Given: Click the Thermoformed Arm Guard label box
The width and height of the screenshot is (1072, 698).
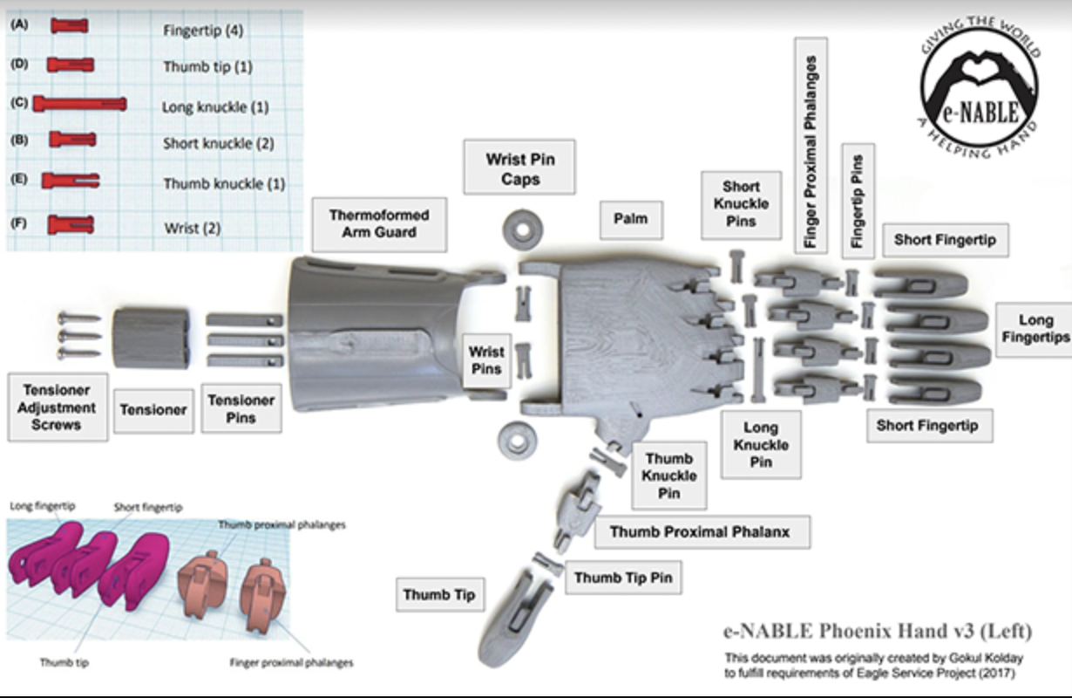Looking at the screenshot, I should point(379,223).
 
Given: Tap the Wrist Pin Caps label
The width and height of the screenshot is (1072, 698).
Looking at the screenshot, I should point(519,168).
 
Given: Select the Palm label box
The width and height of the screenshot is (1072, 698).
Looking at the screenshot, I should point(629,218).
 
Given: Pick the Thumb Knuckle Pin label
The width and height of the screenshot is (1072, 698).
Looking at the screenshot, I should point(669,476).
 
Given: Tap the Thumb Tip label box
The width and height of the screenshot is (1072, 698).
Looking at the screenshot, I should point(438,595).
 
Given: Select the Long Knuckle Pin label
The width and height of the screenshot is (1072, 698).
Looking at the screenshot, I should point(760,445).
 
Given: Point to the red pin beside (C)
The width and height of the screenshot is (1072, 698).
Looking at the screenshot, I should point(79,105).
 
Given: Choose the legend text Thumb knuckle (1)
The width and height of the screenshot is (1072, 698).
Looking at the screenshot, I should point(224,184).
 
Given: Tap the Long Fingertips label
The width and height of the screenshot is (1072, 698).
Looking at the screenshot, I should point(1035,329).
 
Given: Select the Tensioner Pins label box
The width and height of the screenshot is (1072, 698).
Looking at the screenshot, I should point(241,409).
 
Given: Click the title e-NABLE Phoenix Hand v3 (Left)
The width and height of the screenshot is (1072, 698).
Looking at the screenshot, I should point(878,630).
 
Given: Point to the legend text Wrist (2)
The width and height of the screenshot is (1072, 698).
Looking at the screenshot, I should point(193,229).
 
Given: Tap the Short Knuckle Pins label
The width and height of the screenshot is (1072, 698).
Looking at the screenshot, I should point(741,204).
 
